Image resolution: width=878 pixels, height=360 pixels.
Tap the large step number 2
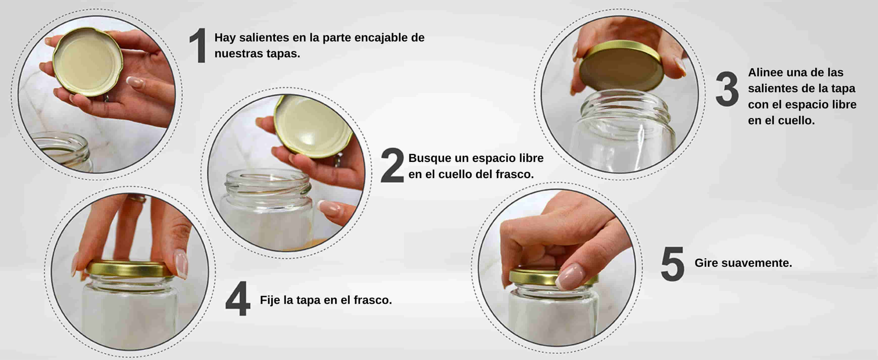tap(392, 165)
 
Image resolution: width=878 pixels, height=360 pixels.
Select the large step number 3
tap(727, 89)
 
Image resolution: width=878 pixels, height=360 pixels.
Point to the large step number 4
tap(238, 299)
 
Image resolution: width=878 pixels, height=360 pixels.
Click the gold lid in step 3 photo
tap(622, 66)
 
